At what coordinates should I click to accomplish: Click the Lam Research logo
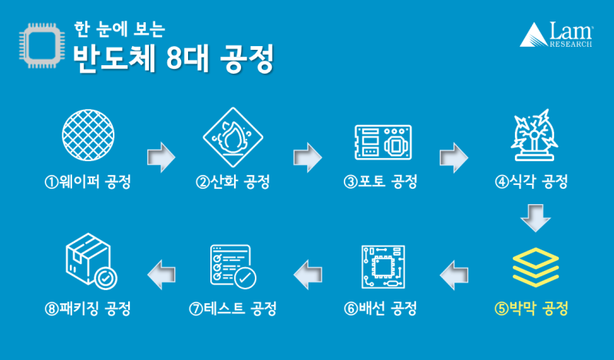[x=557, y=35]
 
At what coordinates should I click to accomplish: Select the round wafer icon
[x=87, y=137]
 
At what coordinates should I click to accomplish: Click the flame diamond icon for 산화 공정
[x=232, y=137]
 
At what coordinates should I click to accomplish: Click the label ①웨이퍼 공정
[x=87, y=183]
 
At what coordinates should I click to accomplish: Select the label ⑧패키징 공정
[x=87, y=309]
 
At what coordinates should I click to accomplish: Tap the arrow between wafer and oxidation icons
[x=161, y=155]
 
